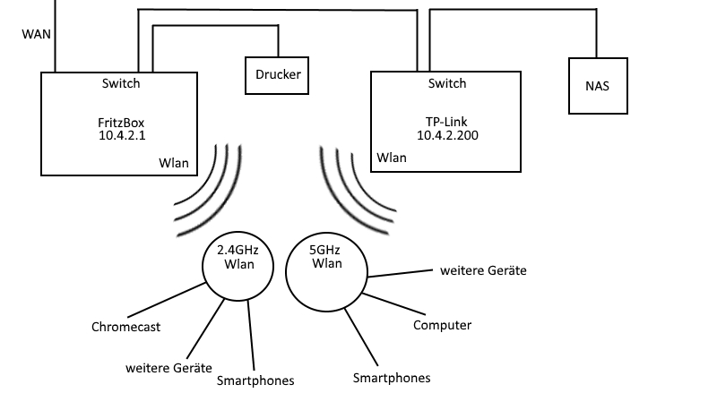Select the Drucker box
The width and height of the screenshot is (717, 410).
pyautogui.click(x=277, y=76)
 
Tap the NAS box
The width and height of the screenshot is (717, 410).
pyautogui.click(x=596, y=86)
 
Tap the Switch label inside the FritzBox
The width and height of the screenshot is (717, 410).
pyautogui.click(x=121, y=83)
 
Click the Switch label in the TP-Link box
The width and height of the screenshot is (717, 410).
pyautogui.click(x=447, y=83)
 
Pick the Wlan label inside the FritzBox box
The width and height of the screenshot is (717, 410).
pyautogui.click(x=174, y=162)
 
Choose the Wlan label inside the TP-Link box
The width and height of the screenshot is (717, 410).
pyautogui.click(x=392, y=158)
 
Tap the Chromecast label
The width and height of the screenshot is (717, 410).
pyautogui.click(x=126, y=327)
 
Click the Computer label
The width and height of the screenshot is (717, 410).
pyautogui.click(x=442, y=325)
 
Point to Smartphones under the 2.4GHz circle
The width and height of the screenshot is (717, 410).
pyautogui.click(x=255, y=380)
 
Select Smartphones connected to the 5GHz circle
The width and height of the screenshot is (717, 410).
pyautogui.click(x=392, y=378)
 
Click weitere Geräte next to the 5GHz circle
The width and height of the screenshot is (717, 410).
pyautogui.click(x=483, y=269)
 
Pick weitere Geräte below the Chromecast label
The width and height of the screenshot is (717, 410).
pyautogui.click(x=168, y=368)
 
